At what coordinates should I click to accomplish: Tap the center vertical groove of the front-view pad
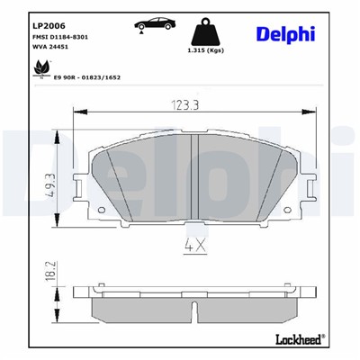(195, 176)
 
